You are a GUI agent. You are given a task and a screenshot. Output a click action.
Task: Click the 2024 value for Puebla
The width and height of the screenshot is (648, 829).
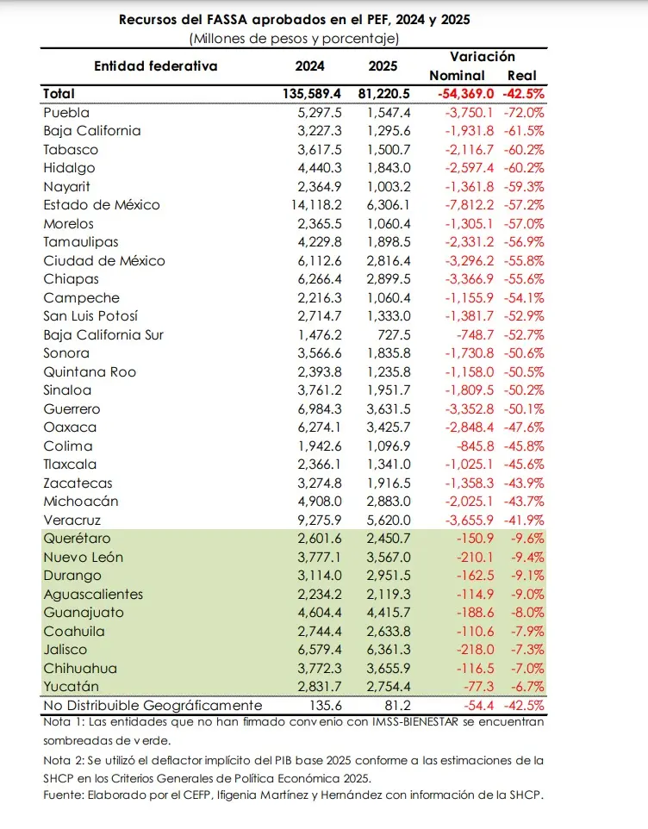[x=315, y=113]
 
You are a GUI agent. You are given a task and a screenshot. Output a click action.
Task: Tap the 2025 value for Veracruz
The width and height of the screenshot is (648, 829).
[x=389, y=520]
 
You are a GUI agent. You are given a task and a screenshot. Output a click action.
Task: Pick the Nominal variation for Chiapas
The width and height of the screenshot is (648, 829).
[x=466, y=279]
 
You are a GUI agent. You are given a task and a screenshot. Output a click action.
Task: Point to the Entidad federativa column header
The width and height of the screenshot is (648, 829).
[x=156, y=65]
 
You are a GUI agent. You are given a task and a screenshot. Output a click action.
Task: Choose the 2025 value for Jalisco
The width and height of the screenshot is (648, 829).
[x=389, y=650]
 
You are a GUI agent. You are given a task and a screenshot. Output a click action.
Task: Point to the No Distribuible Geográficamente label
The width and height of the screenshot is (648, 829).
[x=153, y=706]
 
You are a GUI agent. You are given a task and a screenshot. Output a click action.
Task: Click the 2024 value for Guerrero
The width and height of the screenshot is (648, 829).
[x=315, y=409]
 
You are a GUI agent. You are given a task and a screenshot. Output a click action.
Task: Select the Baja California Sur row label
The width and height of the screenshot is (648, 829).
[x=103, y=335]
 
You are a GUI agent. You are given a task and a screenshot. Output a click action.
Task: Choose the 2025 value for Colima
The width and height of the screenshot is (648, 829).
[x=389, y=446]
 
